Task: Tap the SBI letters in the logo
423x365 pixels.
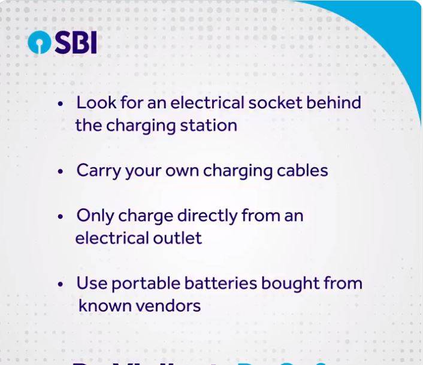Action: [x=75, y=42]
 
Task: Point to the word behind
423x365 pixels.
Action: [x=334, y=102]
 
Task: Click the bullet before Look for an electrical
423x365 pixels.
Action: [x=61, y=104]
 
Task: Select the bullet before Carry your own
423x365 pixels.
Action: [x=61, y=171]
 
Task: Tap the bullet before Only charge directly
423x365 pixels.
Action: [x=61, y=216]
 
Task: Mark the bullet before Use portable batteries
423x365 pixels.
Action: [x=61, y=284]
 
